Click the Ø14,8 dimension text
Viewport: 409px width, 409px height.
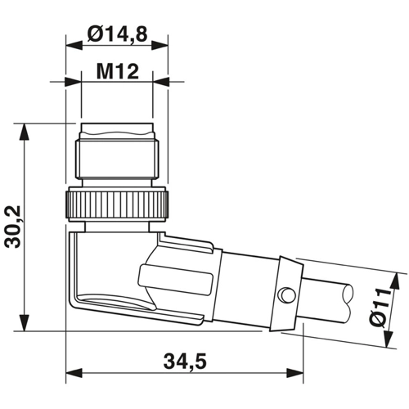pos(117,34)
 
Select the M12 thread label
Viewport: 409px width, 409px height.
pos(117,70)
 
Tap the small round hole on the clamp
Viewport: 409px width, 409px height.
pos(284,293)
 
